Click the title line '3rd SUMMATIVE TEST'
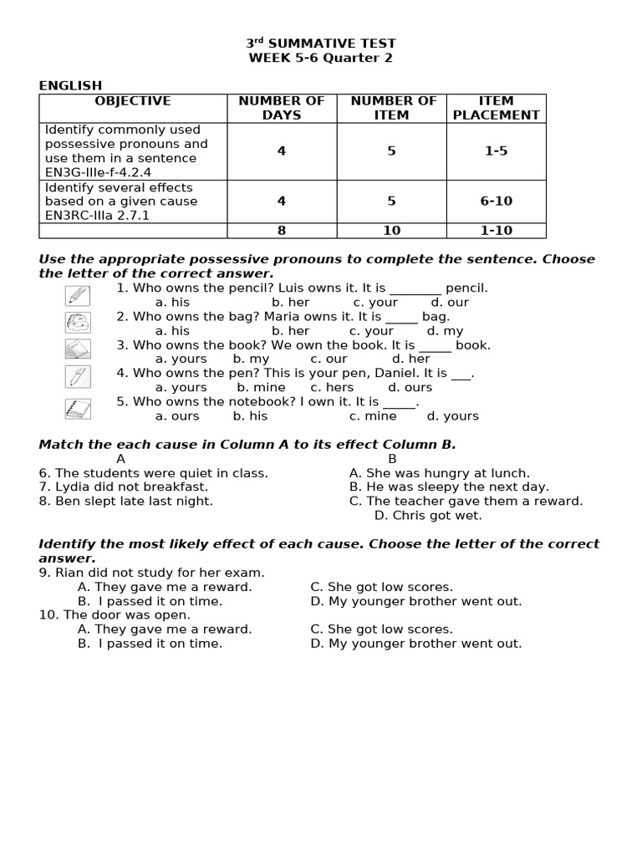click(x=321, y=43)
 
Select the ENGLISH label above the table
click(x=70, y=85)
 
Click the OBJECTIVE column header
click(x=133, y=101)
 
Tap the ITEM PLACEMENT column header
click(x=496, y=108)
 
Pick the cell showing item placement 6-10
click(x=496, y=201)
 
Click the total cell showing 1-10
click(x=496, y=231)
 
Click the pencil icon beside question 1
click(x=77, y=295)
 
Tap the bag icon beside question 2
click(x=77, y=322)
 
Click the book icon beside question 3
click(x=77, y=349)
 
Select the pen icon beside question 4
click(x=77, y=377)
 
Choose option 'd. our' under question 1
click(x=450, y=303)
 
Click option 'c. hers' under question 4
click(x=332, y=388)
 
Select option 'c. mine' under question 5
click(x=373, y=416)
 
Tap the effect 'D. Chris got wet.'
click(x=427, y=516)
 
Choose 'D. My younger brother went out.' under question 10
click(x=415, y=644)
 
